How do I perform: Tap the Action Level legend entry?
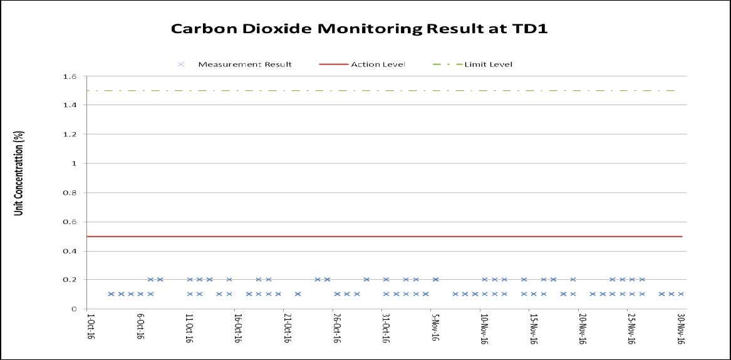362,64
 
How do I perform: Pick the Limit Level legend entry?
472,64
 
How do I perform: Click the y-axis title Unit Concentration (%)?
19,173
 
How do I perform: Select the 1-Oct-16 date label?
90,327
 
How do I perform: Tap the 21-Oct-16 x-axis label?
287,329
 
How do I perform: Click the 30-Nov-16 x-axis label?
680,329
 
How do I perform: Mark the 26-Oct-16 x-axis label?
336,329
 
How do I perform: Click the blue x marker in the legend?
182,64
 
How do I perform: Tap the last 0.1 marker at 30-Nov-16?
681,294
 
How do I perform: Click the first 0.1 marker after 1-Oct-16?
111,294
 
